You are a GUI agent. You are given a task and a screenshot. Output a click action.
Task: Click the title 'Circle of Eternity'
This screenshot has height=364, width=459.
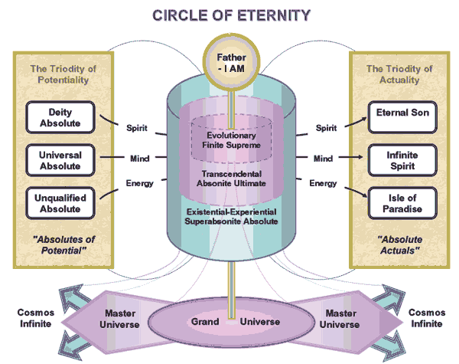(x=229, y=15)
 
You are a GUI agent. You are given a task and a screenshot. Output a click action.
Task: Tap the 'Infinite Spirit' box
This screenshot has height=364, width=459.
(x=398, y=158)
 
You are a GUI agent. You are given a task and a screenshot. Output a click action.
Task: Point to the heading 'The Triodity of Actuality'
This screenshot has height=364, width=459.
(x=396, y=74)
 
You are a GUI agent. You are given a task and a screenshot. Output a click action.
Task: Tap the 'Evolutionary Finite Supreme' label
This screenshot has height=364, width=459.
(x=229, y=139)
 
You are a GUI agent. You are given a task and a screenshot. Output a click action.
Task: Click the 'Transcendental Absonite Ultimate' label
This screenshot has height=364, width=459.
(x=229, y=178)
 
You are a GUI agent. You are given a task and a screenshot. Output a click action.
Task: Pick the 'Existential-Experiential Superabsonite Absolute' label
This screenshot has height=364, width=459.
(x=229, y=216)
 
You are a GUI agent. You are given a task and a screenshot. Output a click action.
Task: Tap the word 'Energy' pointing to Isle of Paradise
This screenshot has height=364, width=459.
(x=322, y=183)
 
